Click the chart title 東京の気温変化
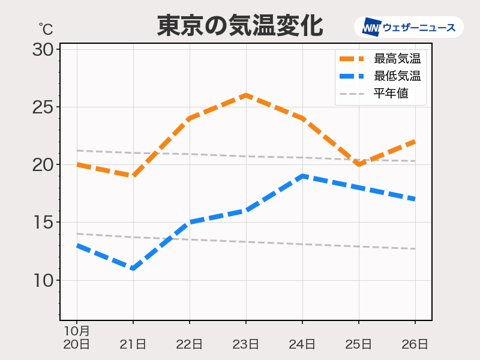[x=240, y=26]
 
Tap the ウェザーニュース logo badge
[x=409, y=27]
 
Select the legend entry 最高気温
[x=397, y=59]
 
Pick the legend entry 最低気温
[x=397, y=76]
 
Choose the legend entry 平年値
[x=391, y=94]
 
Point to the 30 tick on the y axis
[x=43, y=49]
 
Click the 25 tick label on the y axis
[x=43, y=107]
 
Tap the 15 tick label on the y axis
[x=43, y=223]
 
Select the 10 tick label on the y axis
[x=43, y=280]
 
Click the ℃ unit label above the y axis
[x=46, y=28]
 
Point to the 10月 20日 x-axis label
[x=77, y=338]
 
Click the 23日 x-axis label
[x=246, y=344]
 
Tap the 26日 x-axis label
[x=415, y=344]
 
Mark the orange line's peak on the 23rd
[x=246, y=95]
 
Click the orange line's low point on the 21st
[x=133, y=176]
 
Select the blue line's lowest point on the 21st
[x=133, y=268]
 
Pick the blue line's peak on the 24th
[x=302, y=176]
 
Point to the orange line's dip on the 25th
[x=359, y=164]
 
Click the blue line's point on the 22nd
[x=190, y=222]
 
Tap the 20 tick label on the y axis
[x=43, y=165]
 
